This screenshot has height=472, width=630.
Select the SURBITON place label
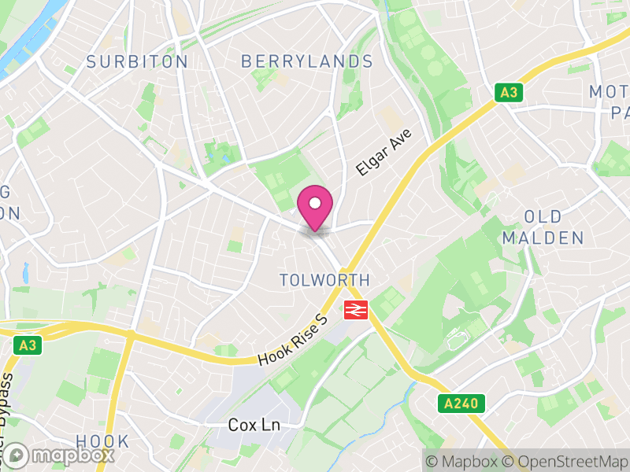pyautogui.click(x=137, y=61)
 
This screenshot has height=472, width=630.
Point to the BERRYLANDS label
pyautogui.click(x=307, y=61)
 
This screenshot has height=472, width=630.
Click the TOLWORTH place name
pyautogui.click(x=324, y=280)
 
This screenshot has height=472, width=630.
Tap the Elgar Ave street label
pyautogui.click(x=384, y=153)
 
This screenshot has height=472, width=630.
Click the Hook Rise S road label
pyautogui.click(x=292, y=341)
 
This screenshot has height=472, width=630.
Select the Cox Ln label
pyautogui.click(x=254, y=425)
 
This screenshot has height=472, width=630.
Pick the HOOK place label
pyautogui.click(x=102, y=441)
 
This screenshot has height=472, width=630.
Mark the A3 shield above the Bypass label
pyautogui.click(x=28, y=345)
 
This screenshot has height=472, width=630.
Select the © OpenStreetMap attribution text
pyautogui.click(x=565, y=461)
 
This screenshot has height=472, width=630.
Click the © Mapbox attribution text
pyautogui.click(x=462, y=461)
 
